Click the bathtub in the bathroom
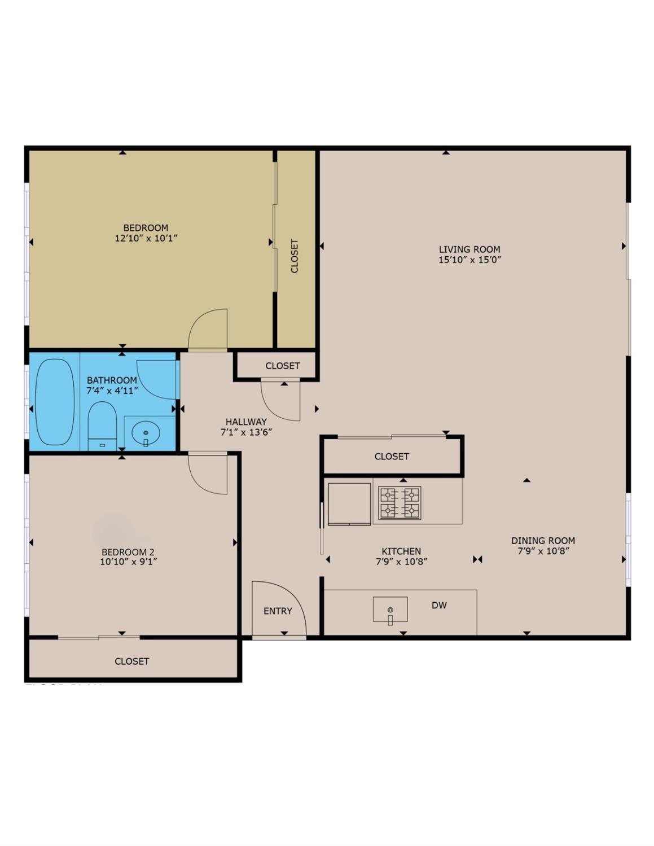pyautogui.click(x=55, y=402)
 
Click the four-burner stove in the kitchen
pyautogui.click(x=400, y=502)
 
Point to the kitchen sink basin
pyautogui.click(x=390, y=610)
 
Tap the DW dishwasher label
pyautogui.click(x=439, y=606)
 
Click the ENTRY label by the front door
pyautogui.click(x=278, y=611)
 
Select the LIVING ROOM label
pyautogui.click(x=469, y=249)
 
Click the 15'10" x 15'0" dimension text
pyautogui.click(x=469, y=260)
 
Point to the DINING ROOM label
pyautogui.click(x=543, y=541)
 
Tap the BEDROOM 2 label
pyautogui.click(x=128, y=552)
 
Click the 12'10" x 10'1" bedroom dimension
pyautogui.click(x=146, y=238)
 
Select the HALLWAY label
pyautogui.click(x=246, y=422)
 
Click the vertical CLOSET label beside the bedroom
pyautogui.click(x=295, y=256)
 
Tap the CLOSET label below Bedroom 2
pyautogui.click(x=132, y=661)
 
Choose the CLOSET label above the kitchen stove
pyautogui.click(x=392, y=456)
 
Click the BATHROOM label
pyautogui.click(x=112, y=380)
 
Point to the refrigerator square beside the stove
pyautogui.click(x=349, y=503)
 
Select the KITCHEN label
pyautogui.click(x=401, y=551)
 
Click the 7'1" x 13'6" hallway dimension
pyautogui.click(x=246, y=433)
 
